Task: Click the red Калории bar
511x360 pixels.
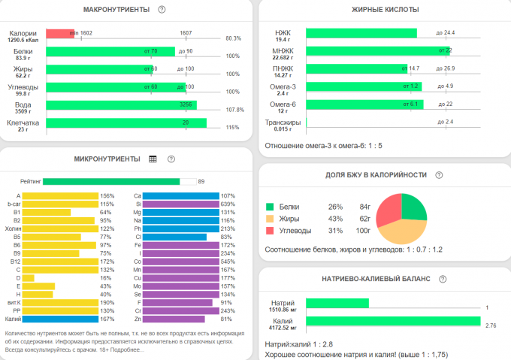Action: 60,33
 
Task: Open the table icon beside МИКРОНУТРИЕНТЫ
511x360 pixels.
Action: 153,159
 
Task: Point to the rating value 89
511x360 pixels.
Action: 201,181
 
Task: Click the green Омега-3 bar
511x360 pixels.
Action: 364,86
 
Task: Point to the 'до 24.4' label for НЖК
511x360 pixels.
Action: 445,33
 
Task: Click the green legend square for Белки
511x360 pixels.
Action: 270,206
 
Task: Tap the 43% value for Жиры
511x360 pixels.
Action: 335,218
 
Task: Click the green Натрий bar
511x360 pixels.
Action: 337,303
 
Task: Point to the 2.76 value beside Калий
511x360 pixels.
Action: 491,325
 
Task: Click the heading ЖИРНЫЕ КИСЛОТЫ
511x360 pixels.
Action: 385,9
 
